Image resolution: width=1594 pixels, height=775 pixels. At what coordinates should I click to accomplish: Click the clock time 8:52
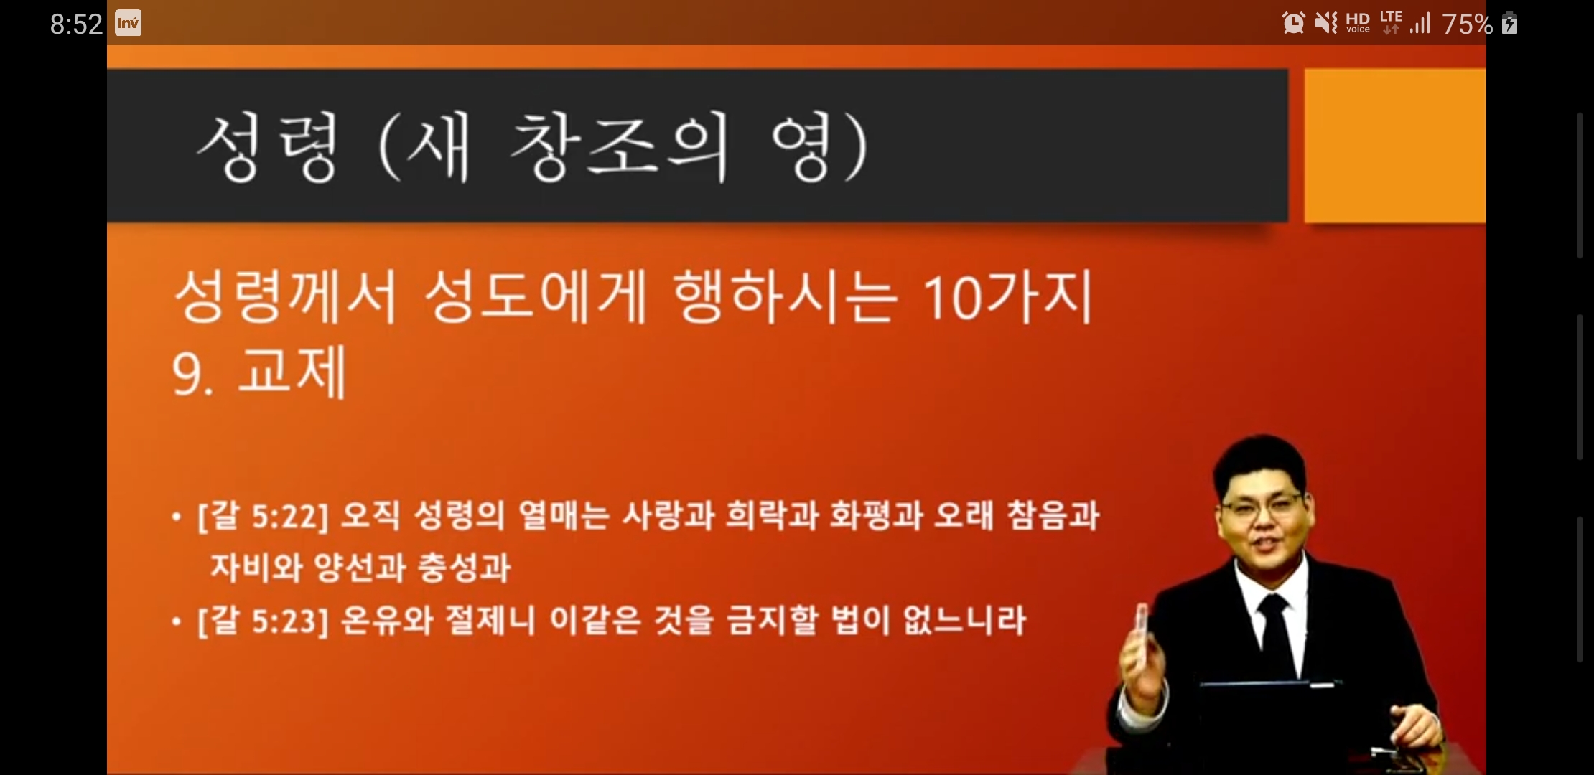click(x=76, y=24)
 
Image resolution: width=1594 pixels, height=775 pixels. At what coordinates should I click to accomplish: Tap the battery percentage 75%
click(x=1467, y=24)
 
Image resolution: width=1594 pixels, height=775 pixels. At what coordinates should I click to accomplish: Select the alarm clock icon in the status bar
click(x=1293, y=23)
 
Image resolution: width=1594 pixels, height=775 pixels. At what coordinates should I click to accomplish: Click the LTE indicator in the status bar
click(x=1391, y=22)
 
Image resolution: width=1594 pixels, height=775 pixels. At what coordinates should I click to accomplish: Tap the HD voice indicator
click(x=1358, y=23)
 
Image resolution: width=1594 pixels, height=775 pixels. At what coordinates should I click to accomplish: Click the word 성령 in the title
click(x=268, y=148)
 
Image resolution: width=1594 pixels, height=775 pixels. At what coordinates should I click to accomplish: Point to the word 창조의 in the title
click(x=619, y=147)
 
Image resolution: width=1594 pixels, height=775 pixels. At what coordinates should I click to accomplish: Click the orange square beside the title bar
click(x=1394, y=146)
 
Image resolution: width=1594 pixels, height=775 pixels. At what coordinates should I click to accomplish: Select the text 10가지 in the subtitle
click(x=1007, y=296)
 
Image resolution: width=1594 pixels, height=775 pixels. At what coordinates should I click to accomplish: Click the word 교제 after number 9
click(x=292, y=372)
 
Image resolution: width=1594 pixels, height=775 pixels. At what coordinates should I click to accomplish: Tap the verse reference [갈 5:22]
click(x=263, y=516)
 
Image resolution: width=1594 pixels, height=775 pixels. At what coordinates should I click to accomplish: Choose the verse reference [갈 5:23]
click(x=263, y=620)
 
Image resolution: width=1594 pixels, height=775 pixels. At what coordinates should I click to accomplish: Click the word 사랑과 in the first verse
click(x=668, y=515)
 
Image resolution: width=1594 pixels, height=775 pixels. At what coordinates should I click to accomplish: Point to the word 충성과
click(x=464, y=568)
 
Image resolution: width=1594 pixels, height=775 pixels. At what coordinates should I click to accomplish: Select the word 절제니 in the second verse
click(x=490, y=620)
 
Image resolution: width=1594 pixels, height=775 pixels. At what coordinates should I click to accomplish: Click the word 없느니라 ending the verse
click(x=964, y=620)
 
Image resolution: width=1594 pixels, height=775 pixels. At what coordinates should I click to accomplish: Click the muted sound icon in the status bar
click(x=1325, y=23)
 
